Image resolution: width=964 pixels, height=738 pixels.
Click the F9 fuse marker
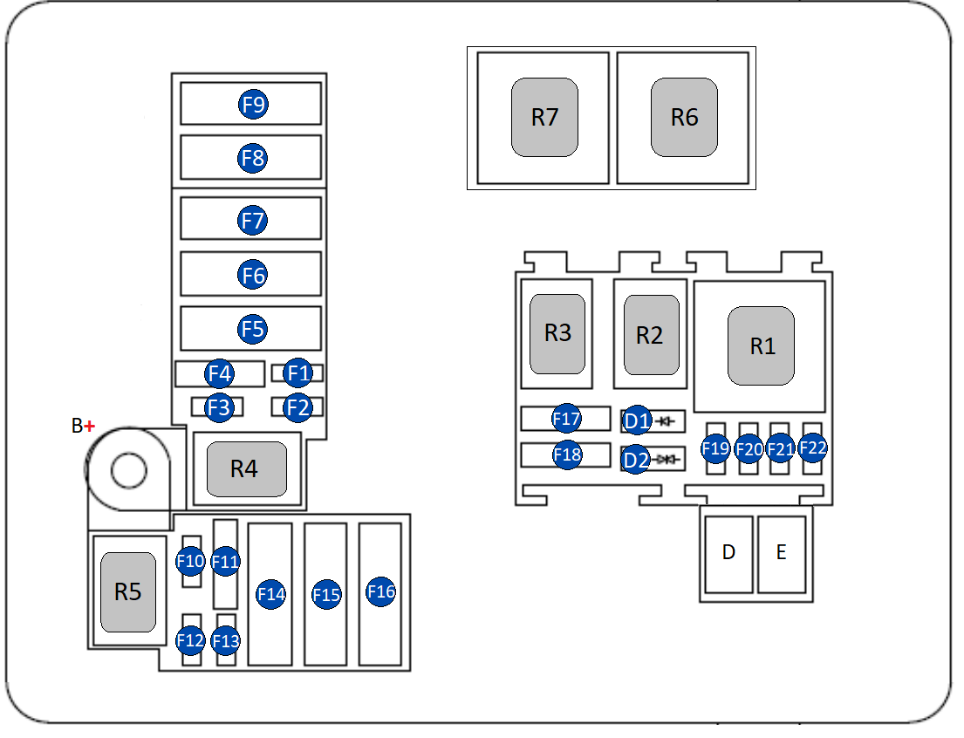tap(253, 105)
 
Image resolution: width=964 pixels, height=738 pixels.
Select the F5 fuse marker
tap(253, 329)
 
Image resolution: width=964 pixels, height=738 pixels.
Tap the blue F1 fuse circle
tap(298, 374)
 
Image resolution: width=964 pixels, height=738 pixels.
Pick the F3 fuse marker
tap(219, 407)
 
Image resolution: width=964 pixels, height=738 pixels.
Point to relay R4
tap(246, 469)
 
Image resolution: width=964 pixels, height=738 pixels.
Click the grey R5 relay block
tap(128, 592)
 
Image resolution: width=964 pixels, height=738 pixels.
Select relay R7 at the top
tap(544, 117)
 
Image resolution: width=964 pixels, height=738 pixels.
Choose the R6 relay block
tap(684, 117)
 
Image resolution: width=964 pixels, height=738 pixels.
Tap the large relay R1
tap(762, 345)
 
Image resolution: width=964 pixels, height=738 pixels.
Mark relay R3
tap(557, 333)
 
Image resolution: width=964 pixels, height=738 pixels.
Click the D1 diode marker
tap(637, 422)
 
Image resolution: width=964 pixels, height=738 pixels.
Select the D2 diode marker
tap(637, 459)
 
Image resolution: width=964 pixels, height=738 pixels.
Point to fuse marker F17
tap(566, 419)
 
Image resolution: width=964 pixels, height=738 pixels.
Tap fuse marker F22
tap(813, 448)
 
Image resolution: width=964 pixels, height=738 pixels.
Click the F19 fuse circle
tap(715, 449)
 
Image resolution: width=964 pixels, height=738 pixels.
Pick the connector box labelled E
tap(781, 553)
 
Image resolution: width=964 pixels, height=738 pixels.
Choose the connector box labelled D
tap(728, 553)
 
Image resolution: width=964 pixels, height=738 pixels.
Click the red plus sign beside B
tap(89, 426)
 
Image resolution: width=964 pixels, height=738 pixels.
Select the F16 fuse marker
tap(381, 591)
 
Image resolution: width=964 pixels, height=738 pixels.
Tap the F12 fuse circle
tap(190, 641)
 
